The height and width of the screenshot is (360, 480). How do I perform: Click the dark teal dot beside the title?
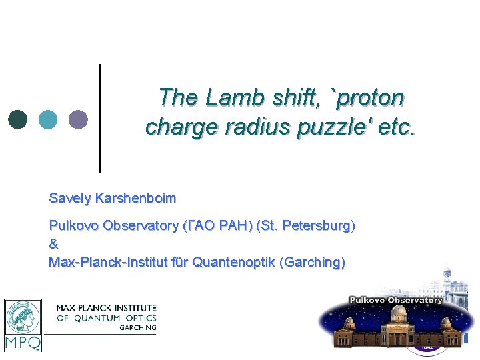point(18,119)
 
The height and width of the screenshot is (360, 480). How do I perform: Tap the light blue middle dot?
point(48,119)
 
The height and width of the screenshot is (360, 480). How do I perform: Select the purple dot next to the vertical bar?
point(78,119)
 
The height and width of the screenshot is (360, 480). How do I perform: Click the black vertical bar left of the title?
point(100,118)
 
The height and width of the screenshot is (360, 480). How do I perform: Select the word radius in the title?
point(256,126)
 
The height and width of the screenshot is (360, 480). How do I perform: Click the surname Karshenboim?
point(135,199)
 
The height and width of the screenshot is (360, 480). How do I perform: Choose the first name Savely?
point(70,199)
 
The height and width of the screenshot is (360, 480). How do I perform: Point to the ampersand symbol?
point(54,244)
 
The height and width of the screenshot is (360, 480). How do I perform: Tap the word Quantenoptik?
point(236,262)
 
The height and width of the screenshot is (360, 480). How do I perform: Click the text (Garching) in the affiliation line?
point(314,262)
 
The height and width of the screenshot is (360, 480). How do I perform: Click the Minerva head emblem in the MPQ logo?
point(23,317)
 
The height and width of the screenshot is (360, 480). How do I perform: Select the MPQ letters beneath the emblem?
point(23,343)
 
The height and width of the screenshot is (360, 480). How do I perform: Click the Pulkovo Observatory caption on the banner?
point(396,300)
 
